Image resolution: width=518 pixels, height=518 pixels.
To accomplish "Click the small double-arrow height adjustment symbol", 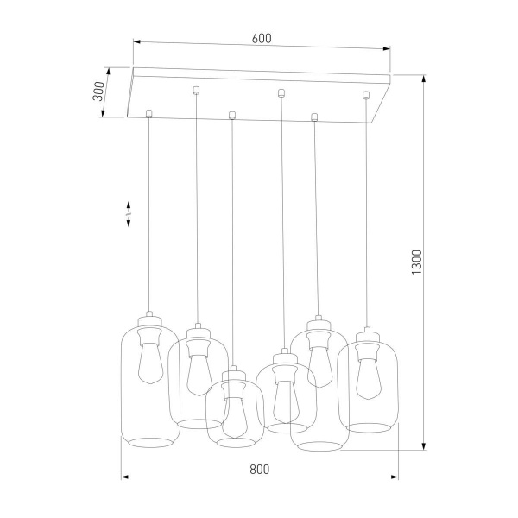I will point(129,215).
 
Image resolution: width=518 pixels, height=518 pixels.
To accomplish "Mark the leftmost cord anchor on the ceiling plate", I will point(149,112).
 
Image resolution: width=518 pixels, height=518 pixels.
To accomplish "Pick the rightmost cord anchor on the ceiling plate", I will point(366,94).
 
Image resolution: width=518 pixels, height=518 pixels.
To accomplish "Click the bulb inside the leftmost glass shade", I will point(149,363).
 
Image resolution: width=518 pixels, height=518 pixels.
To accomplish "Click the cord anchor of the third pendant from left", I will point(231,113).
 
